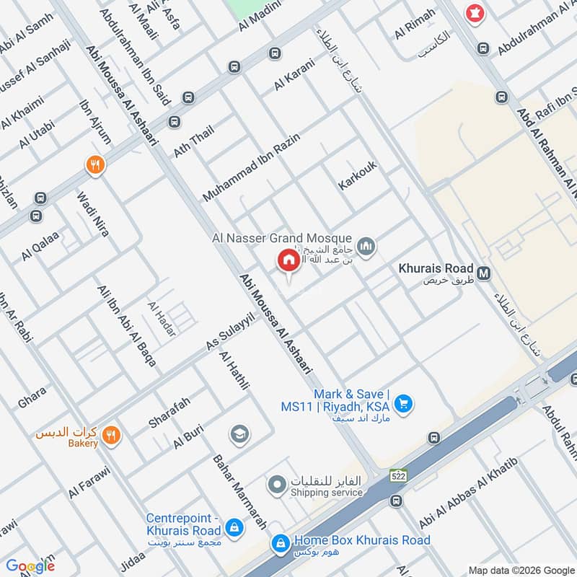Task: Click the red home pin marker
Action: (288, 260)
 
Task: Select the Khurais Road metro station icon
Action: (485, 273)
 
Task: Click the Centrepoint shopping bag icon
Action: (233, 528)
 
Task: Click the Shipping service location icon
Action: (276, 485)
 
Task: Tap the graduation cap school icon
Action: (239, 433)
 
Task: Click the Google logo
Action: (30, 566)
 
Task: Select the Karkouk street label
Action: (358, 176)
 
